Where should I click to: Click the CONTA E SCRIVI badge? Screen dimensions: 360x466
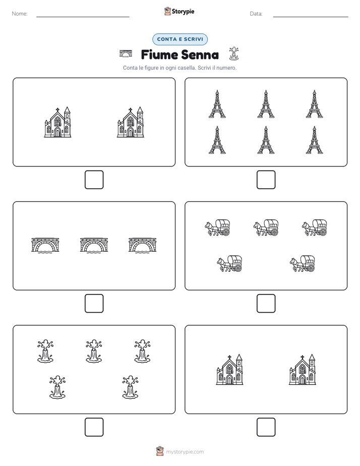click(179, 39)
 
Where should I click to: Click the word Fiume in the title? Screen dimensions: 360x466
click(159, 54)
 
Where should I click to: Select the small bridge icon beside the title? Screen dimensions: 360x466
click(126, 53)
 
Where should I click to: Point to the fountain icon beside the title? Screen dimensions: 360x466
click(234, 53)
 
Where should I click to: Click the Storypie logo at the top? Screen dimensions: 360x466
click(179, 11)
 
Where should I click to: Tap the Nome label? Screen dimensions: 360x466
click(20, 14)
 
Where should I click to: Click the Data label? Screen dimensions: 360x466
click(256, 14)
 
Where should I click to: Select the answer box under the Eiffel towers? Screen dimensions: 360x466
click(266, 180)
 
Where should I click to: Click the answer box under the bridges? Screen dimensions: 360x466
click(94, 304)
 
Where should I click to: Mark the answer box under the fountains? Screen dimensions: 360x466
click(94, 427)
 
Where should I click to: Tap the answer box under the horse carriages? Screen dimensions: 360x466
click(266, 304)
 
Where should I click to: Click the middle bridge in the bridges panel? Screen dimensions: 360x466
click(94, 245)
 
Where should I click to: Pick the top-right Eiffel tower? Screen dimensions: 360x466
click(315, 104)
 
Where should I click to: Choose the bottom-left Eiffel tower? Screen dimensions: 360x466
click(217, 140)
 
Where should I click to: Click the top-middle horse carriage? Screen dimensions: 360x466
click(266, 227)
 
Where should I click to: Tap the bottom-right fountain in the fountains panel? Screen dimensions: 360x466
click(131, 387)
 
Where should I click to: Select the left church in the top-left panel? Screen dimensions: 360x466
click(57, 122)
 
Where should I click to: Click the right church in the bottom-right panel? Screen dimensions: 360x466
click(303, 369)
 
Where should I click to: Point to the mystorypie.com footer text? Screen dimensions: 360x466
click(185, 452)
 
